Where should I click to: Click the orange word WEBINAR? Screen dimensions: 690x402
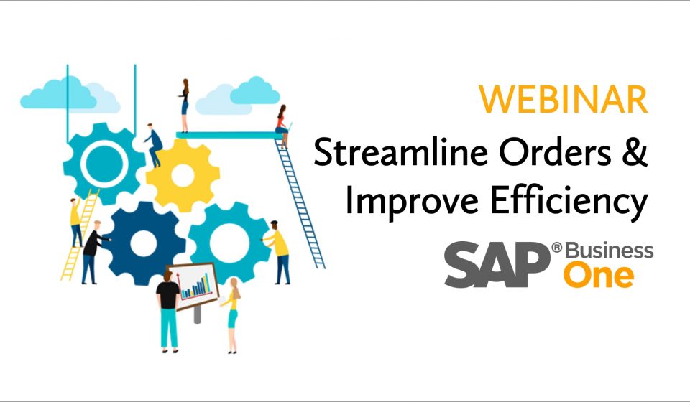[x=563, y=99]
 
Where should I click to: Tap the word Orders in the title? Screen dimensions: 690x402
[x=555, y=151]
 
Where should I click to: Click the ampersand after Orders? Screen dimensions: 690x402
[x=635, y=151]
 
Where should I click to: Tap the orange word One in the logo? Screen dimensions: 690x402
[x=599, y=276]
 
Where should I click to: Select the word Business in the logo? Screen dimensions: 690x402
[x=609, y=251]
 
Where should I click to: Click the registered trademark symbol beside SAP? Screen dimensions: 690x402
[x=556, y=248]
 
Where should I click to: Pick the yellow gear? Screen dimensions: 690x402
[x=183, y=175]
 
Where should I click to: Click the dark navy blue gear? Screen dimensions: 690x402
[x=144, y=243]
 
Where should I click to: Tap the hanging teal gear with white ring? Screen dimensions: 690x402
[x=104, y=164]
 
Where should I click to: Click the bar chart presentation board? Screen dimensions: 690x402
[x=193, y=285]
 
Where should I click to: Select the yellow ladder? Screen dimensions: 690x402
[x=80, y=235]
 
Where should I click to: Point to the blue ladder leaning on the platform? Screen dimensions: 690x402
[x=300, y=203]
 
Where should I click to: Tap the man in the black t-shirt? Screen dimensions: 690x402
[x=168, y=312]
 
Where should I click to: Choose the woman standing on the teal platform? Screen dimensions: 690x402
[x=185, y=106]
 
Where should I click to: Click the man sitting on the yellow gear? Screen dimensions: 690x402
[x=154, y=145]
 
